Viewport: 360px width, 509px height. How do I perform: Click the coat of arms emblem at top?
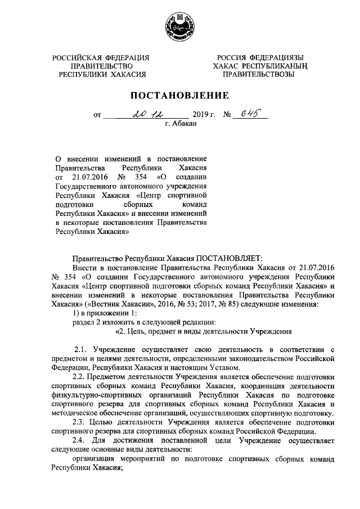click(x=179, y=26)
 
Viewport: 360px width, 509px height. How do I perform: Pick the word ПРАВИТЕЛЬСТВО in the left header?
click(x=102, y=66)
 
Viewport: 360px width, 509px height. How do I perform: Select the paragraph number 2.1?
click(x=82, y=350)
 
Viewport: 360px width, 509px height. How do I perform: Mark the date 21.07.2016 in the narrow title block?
click(x=87, y=177)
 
